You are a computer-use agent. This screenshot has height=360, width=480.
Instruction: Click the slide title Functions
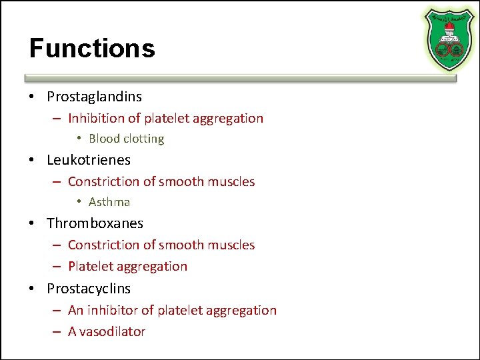pos(92,49)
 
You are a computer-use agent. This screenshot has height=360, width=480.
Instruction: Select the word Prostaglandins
pos(94,97)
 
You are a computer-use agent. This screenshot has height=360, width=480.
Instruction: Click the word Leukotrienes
pos(89,160)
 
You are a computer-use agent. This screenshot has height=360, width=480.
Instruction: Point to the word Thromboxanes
pos(95,223)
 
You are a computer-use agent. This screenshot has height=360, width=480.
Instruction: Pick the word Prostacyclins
pos(89,289)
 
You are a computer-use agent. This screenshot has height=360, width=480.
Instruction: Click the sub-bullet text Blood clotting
pos(126,139)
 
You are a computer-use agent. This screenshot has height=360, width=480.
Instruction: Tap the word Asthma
pos(109,202)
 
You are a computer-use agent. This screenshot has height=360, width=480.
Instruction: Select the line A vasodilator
pos(107,331)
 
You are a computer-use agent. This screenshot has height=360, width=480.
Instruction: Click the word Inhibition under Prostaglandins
pos(95,119)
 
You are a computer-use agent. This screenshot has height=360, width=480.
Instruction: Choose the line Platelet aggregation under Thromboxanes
pos(127,267)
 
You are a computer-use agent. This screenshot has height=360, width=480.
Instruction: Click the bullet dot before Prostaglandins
pos(32,97)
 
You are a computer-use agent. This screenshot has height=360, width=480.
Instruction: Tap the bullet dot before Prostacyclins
pos(32,289)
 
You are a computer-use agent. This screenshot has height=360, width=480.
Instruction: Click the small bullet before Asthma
pos(79,202)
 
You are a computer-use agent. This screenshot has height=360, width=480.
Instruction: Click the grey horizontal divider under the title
pos(240,78)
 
